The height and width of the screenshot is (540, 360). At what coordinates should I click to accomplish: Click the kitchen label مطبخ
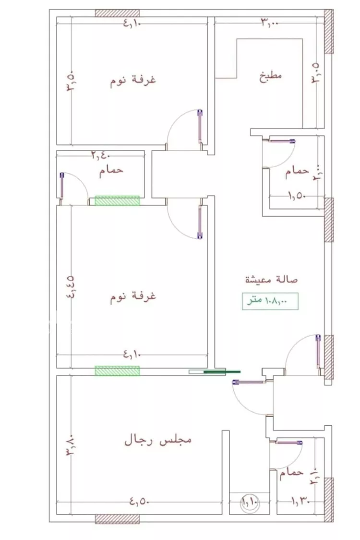pos(271,76)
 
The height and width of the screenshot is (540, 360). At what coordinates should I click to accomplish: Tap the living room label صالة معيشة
pos(271,279)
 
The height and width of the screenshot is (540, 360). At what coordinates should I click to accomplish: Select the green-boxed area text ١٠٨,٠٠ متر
pos(271,301)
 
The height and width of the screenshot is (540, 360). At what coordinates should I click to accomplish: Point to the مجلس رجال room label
pos(158,440)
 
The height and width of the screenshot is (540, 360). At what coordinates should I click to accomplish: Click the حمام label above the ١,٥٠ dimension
pos(296,171)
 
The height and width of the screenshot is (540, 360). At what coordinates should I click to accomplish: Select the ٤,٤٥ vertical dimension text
pos(71,287)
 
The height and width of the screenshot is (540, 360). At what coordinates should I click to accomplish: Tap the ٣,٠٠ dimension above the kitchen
pos(269,22)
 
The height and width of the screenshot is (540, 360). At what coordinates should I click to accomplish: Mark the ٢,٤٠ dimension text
pos(101,155)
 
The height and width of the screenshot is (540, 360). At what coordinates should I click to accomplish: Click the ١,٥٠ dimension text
pos(297,196)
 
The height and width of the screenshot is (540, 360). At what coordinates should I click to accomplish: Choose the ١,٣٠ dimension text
pos(300,502)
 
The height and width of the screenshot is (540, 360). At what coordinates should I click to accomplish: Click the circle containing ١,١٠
pos(250,503)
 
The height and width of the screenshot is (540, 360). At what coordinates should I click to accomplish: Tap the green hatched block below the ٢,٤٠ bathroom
pos(117,201)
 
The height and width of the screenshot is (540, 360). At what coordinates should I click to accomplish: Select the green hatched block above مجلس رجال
pos(117,370)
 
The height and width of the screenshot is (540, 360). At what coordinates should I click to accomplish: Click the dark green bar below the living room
pos(222,371)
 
